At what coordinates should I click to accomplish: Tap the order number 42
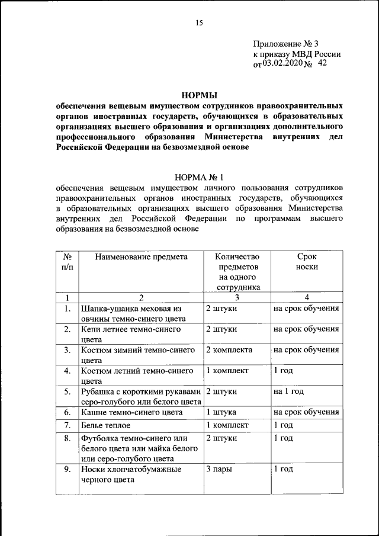click(322, 63)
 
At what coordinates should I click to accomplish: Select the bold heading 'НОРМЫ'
click(198, 95)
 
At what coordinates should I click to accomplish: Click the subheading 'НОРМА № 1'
click(198, 176)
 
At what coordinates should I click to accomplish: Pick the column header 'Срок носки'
click(306, 262)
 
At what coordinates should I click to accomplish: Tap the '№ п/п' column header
click(68, 262)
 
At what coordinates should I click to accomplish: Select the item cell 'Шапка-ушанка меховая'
click(130, 309)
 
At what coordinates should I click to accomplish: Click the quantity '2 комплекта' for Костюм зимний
click(229, 350)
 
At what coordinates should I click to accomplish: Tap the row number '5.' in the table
click(68, 391)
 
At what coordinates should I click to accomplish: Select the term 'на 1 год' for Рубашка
click(288, 391)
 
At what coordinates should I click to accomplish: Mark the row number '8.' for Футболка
click(68, 438)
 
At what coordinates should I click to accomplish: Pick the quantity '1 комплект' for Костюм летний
click(227, 371)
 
